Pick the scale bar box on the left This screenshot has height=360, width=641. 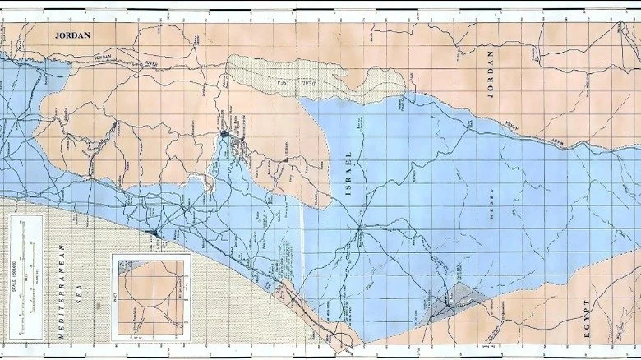point(25,275)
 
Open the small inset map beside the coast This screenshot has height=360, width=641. point(150,298)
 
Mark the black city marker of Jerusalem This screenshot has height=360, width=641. point(224,133)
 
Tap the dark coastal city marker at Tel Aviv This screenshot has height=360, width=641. point(154,236)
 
